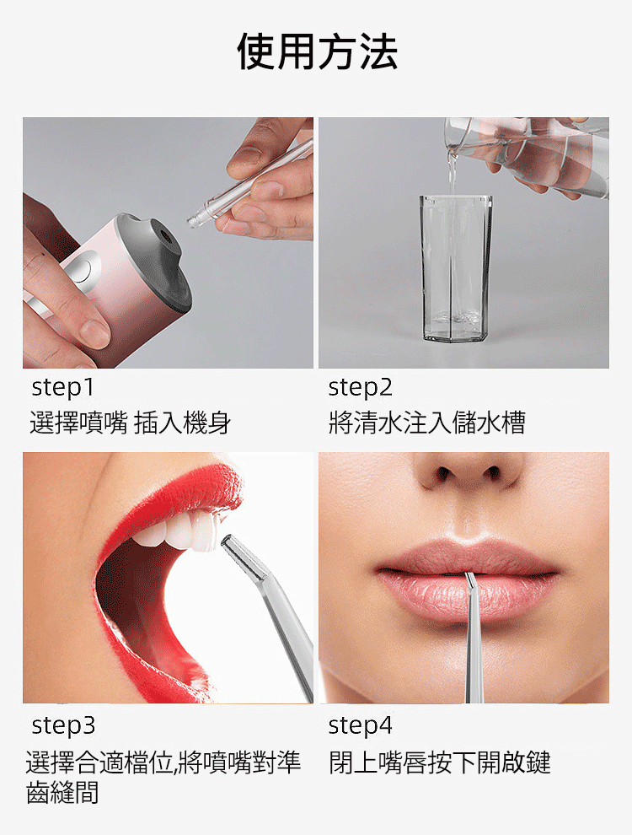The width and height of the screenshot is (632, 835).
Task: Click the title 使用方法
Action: pos(317,51)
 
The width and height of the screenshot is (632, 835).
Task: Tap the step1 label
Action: pos(62,387)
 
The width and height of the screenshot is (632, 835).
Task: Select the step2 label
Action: pos(360,387)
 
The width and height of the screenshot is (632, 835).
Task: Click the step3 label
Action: pos(63,725)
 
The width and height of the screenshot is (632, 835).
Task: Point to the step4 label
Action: pos(360,725)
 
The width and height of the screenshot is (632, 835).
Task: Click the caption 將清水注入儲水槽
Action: pos(426,423)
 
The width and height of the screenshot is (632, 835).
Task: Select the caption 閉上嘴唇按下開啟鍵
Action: pos(439,762)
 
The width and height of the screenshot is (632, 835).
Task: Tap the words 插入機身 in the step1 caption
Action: pos(182,423)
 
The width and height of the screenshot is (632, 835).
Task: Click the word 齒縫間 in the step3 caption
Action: pos(62,792)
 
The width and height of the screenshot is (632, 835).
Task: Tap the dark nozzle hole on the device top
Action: pos(163,234)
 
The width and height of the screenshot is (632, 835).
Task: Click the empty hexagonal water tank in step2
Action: pos(456,268)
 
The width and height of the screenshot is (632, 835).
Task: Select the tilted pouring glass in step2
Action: pos(527,154)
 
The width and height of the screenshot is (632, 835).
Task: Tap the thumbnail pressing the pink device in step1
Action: pos(94,333)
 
